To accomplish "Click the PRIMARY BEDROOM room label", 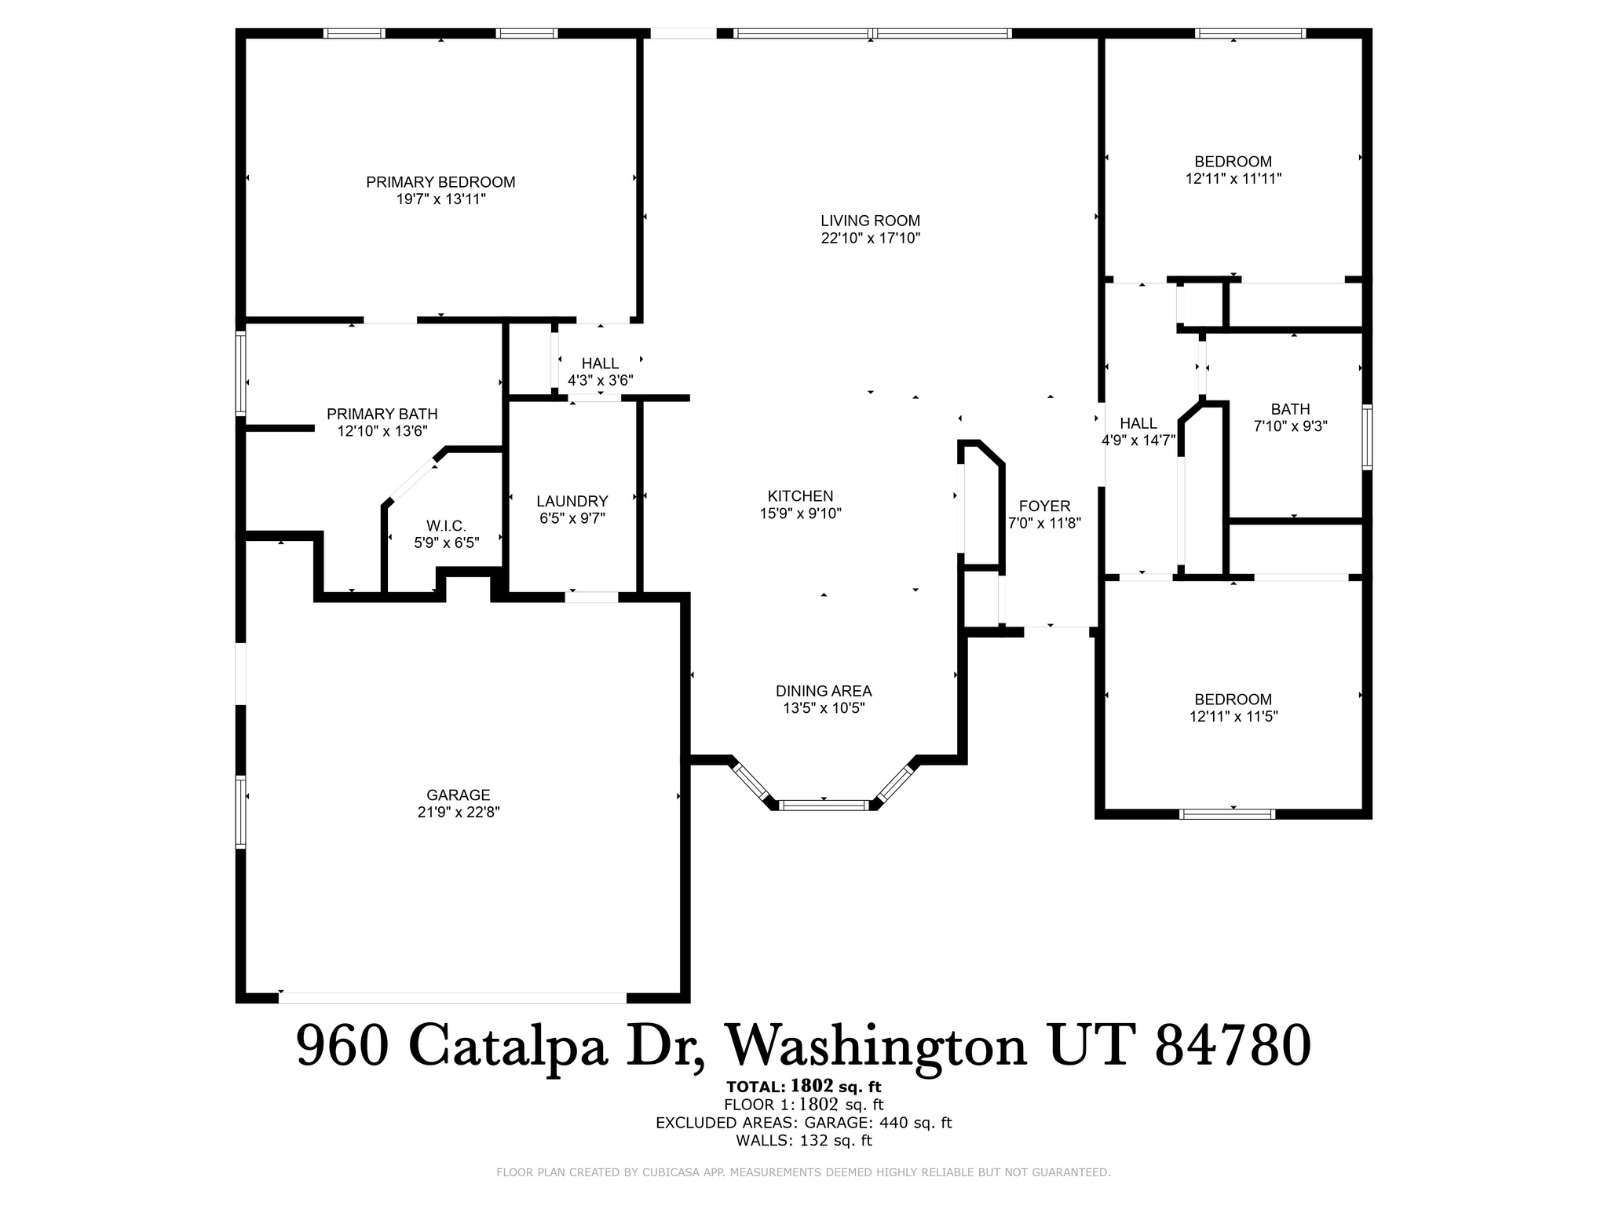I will [x=440, y=182].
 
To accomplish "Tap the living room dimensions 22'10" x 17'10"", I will [x=870, y=238].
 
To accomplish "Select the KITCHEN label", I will [x=800, y=496].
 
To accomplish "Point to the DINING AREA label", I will [x=824, y=691].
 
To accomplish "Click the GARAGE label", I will [x=458, y=795].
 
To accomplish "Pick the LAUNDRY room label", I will [x=572, y=501].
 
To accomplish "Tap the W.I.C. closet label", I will [x=446, y=525].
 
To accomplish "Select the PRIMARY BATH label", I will [x=382, y=414].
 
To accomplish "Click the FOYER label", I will [x=1044, y=506].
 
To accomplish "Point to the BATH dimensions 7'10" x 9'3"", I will [x=1290, y=426].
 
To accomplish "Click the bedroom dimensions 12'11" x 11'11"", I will [x=1233, y=179].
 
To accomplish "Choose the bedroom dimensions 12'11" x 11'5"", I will [x=1233, y=716].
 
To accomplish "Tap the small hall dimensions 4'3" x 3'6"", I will [x=600, y=381].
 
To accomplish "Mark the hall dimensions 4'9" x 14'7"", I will [x=1138, y=440].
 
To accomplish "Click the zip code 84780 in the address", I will [x=1233, y=1047].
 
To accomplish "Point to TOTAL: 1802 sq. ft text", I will [x=803, y=1087].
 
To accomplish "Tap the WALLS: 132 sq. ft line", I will [x=803, y=1141].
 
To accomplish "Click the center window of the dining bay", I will [x=824, y=805].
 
